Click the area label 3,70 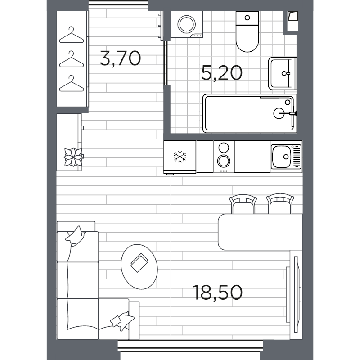pos(120,58)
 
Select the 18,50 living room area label pos(218,292)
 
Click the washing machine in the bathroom pos(186,25)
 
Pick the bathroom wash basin pos(282,73)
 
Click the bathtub pos(249,113)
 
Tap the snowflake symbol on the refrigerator pos(180,157)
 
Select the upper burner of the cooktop pos(224,148)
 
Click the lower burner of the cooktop pos(224,161)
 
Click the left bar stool pos(243,205)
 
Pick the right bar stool pos(280,205)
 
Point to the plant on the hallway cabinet pos(73,157)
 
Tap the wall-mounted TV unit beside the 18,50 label pos(295,295)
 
